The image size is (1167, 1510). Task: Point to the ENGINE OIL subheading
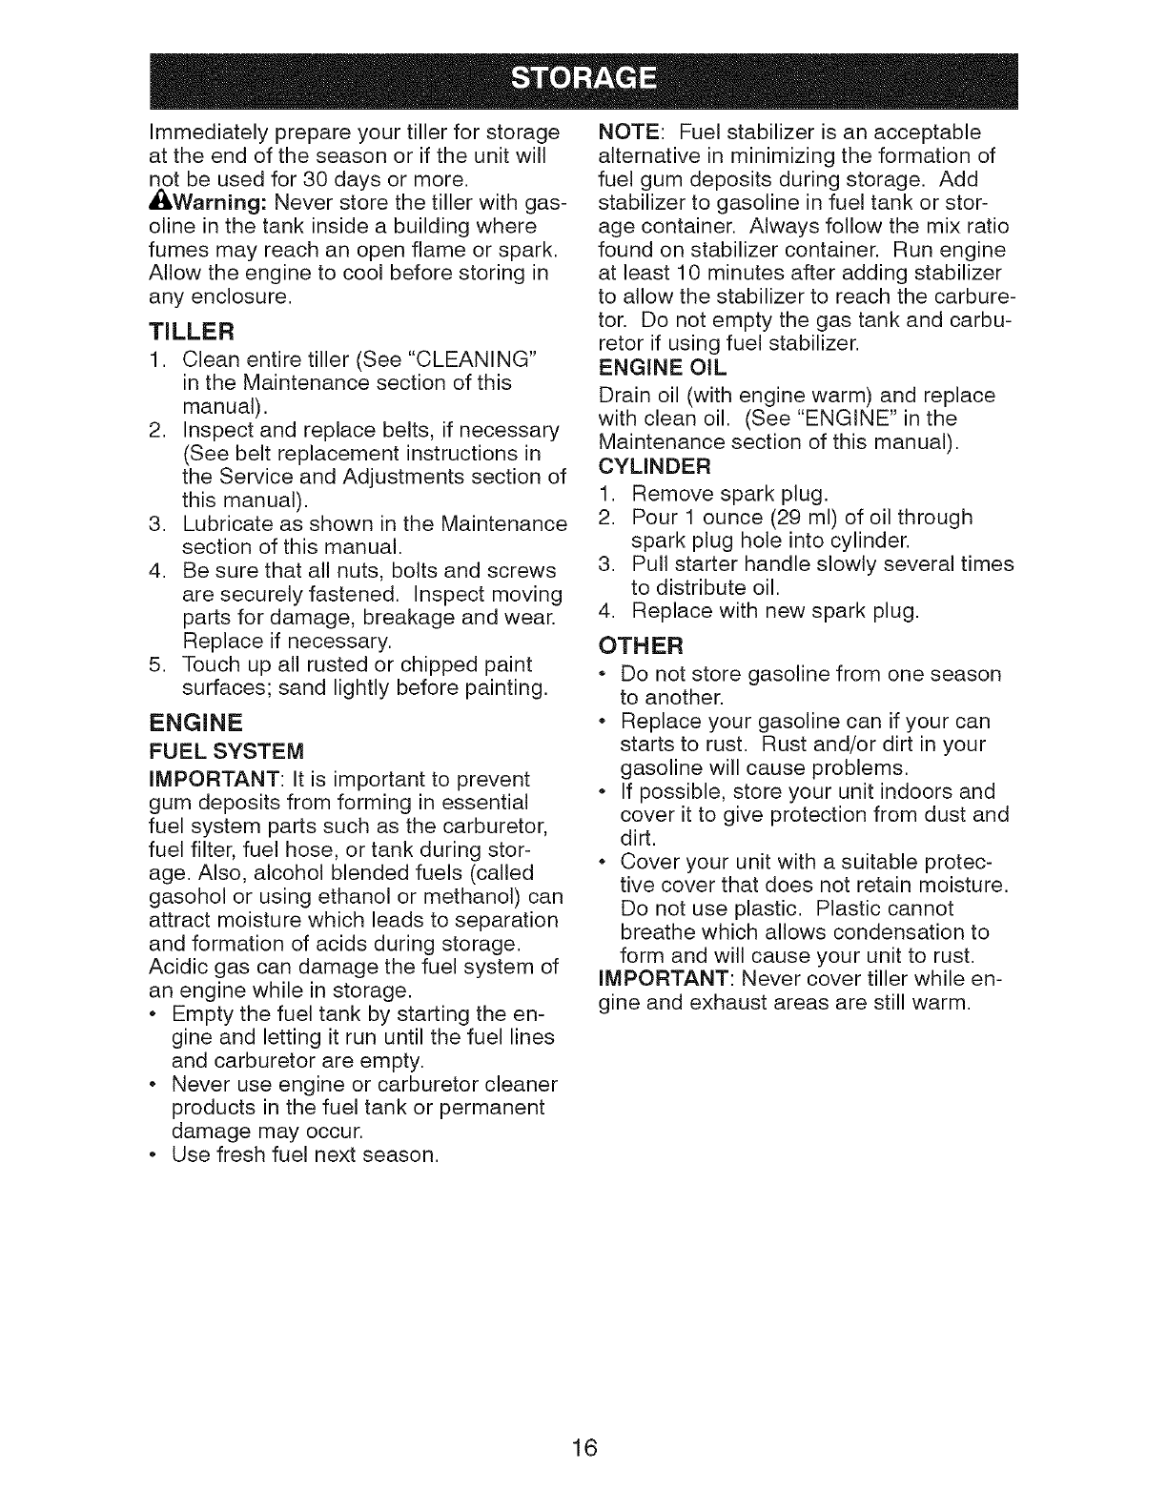pos(661,366)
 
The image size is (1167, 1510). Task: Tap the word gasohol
pos(187,897)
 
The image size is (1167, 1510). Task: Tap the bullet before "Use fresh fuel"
pos(155,1156)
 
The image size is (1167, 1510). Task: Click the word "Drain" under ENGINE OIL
pos(622,395)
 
